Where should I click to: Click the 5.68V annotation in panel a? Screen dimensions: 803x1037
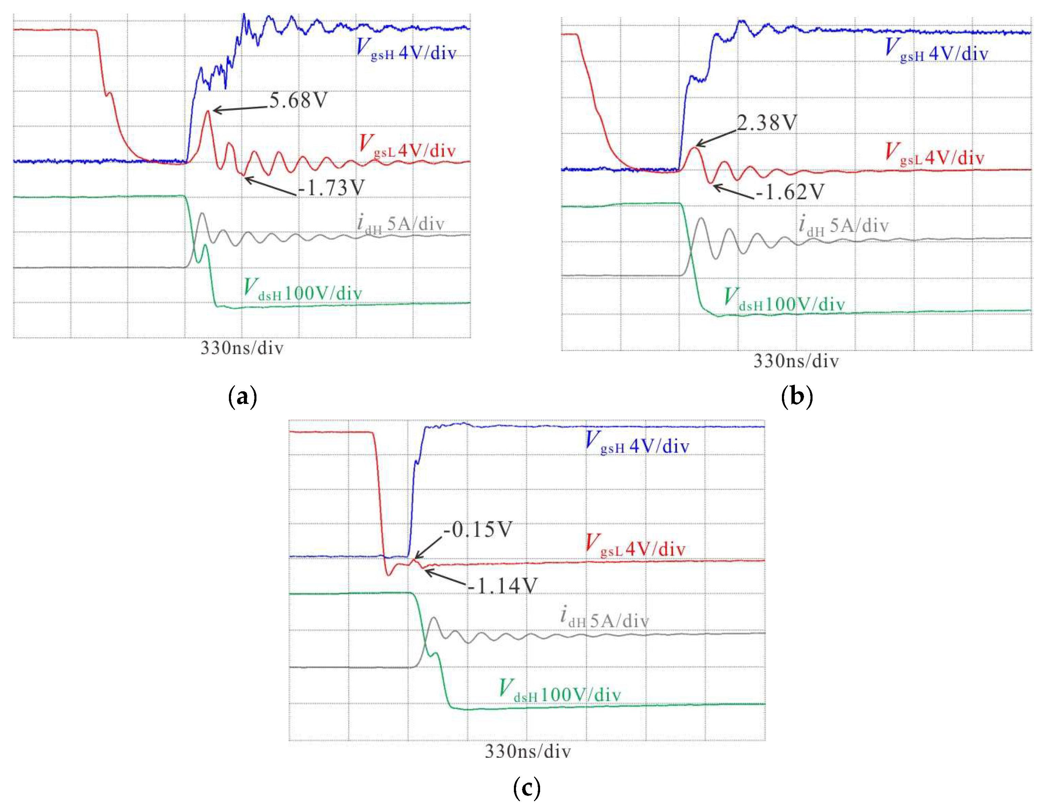click(x=298, y=100)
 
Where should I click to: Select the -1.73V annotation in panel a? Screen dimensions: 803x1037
click(x=331, y=188)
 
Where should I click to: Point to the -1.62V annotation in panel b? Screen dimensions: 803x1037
click(x=790, y=192)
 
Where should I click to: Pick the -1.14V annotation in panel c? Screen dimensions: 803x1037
click(x=502, y=586)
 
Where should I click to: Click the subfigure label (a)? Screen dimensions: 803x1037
click(x=242, y=397)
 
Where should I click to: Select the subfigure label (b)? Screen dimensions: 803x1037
click(x=796, y=397)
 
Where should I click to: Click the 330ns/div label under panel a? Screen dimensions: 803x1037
click(x=242, y=348)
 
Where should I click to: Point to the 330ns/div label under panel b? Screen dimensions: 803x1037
click(x=796, y=362)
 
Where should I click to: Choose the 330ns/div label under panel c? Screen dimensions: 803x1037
click(x=527, y=752)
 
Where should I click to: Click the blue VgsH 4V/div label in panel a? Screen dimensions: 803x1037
click(x=406, y=51)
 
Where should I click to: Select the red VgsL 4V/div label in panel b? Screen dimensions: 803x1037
click(x=934, y=155)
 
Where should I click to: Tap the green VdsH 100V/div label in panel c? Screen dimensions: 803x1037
click(x=560, y=691)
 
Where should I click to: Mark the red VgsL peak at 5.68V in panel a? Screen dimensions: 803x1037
click(x=207, y=111)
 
